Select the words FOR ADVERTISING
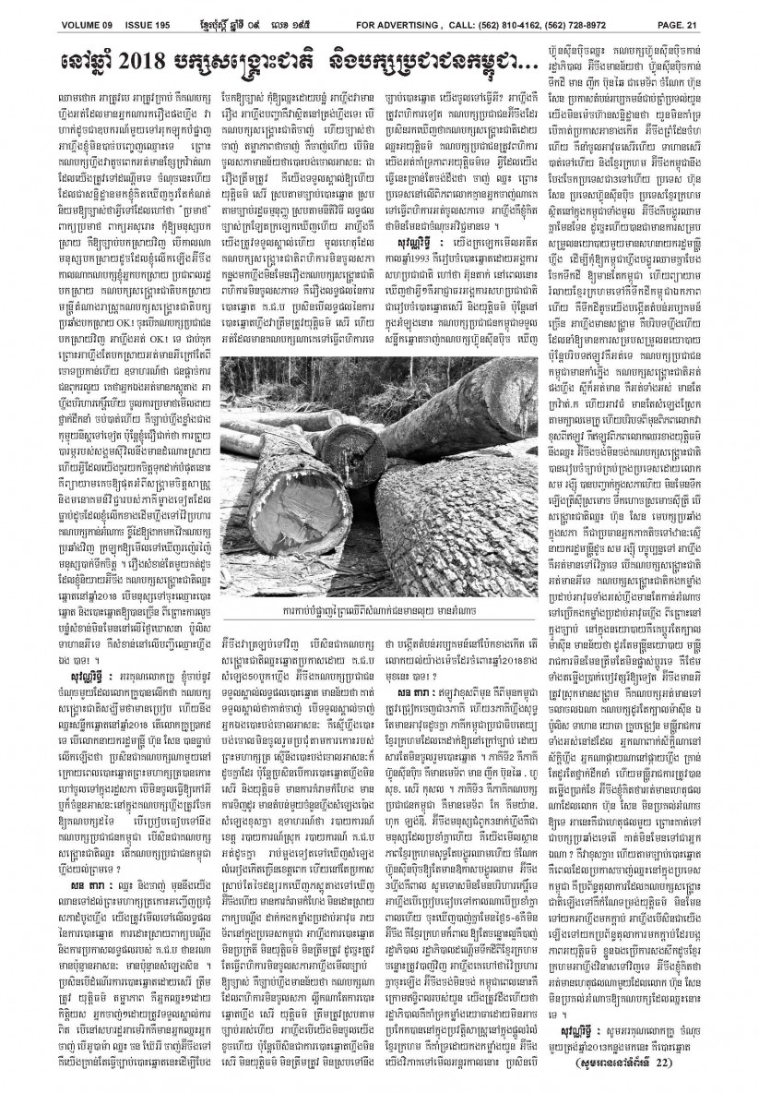[401, 23]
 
